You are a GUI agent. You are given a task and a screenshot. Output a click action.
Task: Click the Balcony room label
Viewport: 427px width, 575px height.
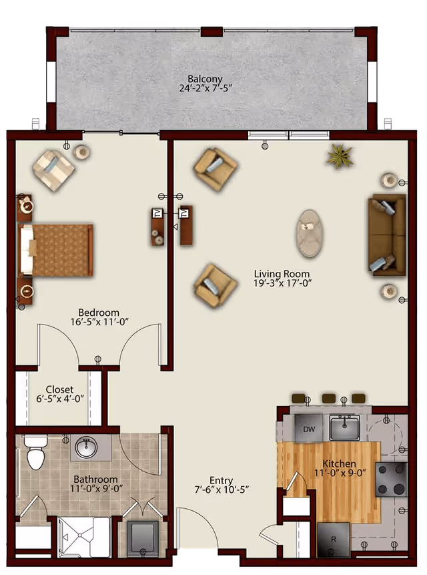click(x=205, y=79)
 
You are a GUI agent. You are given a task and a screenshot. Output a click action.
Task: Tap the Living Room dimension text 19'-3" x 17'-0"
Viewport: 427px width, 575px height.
click(x=282, y=283)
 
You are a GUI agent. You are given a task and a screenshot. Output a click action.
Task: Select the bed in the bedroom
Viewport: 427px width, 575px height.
click(x=55, y=250)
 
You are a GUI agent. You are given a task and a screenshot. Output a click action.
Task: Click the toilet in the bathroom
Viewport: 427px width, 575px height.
click(x=35, y=452)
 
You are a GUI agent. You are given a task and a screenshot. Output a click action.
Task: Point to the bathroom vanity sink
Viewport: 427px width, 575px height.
click(x=87, y=447)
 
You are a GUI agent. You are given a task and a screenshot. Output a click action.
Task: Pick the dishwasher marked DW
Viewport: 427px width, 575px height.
click(x=309, y=428)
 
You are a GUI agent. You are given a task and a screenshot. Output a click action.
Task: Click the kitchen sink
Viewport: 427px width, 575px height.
click(x=344, y=427)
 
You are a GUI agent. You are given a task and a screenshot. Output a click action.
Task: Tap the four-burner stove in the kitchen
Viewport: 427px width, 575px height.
click(x=391, y=480)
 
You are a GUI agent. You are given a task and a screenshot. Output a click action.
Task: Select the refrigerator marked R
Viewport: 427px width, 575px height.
click(x=334, y=540)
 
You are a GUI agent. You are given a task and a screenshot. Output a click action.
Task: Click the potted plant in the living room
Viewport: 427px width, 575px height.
click(x=340, y=156)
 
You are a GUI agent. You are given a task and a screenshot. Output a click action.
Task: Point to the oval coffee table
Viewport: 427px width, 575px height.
click(x=310, y=233)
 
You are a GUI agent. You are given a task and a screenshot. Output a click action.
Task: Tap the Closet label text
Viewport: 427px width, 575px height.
click(x=59, y=389)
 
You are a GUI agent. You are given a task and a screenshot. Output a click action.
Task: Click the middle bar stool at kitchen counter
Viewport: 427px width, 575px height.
click(x=328, y=398)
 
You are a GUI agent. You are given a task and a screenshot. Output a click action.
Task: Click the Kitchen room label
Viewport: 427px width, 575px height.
click(x=339, y=463)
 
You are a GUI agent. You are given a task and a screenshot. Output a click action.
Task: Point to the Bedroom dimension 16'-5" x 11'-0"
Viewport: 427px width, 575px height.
click(x=99, y=322)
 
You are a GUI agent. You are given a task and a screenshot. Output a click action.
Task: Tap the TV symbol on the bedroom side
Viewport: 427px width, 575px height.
click(x=157, y=213)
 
